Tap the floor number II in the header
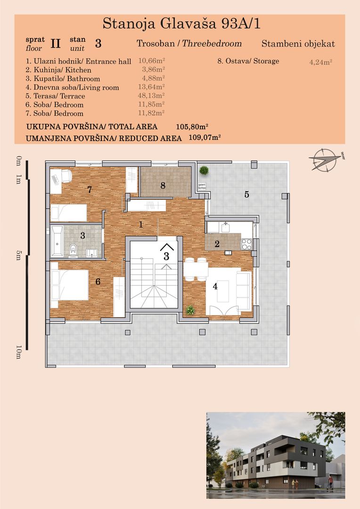(x=56, y=44)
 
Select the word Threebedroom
(x=212, y=44)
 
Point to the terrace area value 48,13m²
(x=151, y=96)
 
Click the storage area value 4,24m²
(x=321, y=61)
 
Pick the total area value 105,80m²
(x=192, y=127)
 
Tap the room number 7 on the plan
(x=89, y=190)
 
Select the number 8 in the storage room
(x=163, y=185)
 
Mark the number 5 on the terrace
(x=246, y=194)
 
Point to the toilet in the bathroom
(x=74, y=249)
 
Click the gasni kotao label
(x=202, y=185)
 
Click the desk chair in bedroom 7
(x=65, y=176)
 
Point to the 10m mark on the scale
(x=19, y=352)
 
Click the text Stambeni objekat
(x=298, y=44)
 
